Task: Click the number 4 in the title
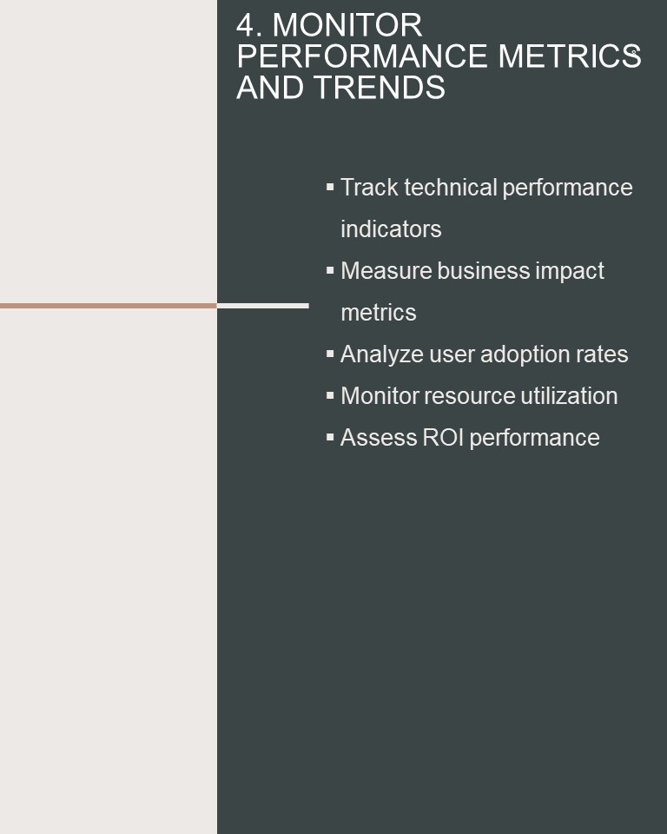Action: point(247,25)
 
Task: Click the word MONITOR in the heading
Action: point(347,25)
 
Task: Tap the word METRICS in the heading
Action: point(570,56)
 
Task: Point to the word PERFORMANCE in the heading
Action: point(362,56)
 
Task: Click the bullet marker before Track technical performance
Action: point(330,187)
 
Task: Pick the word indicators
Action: point(391,229)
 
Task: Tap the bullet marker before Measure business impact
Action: point(330,270)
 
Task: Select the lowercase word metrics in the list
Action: point(379,313)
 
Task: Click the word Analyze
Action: point(382,354)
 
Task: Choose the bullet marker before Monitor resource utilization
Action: point(330,395)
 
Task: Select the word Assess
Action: point(379,438)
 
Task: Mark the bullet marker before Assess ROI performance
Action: point(330,437)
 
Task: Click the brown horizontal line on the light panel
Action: point(109,306)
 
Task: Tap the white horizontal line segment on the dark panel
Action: point(263,306)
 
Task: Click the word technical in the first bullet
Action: point(451,188)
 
